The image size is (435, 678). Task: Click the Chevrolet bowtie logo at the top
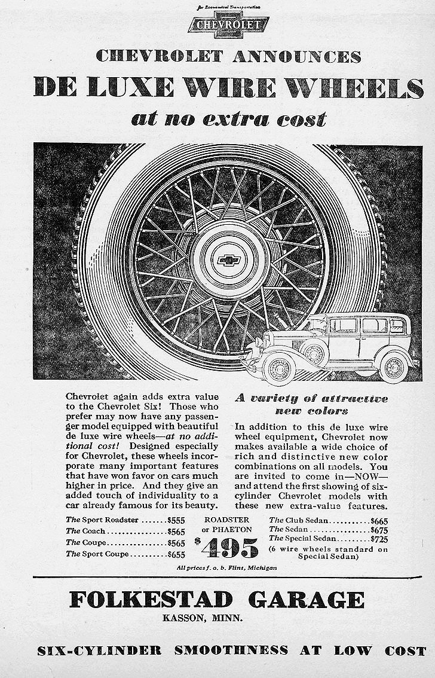coord(228,25)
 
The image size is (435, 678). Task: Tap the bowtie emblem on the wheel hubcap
coord(228,260)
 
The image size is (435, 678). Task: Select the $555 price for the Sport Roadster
coord(176,520)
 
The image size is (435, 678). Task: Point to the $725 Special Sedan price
coord(379,539)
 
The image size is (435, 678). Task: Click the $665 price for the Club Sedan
coord(379,521)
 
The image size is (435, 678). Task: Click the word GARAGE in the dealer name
coord(307,599)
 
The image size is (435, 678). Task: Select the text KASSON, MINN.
coord(203,618)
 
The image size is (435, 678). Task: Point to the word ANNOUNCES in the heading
coord(296,57)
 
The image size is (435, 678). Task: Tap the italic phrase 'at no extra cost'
coord(229,119)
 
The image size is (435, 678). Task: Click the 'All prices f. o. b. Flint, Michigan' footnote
coord(227,567)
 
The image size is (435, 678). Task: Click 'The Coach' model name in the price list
coord(85,531)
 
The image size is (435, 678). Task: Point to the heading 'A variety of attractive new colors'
coord(311,405)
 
